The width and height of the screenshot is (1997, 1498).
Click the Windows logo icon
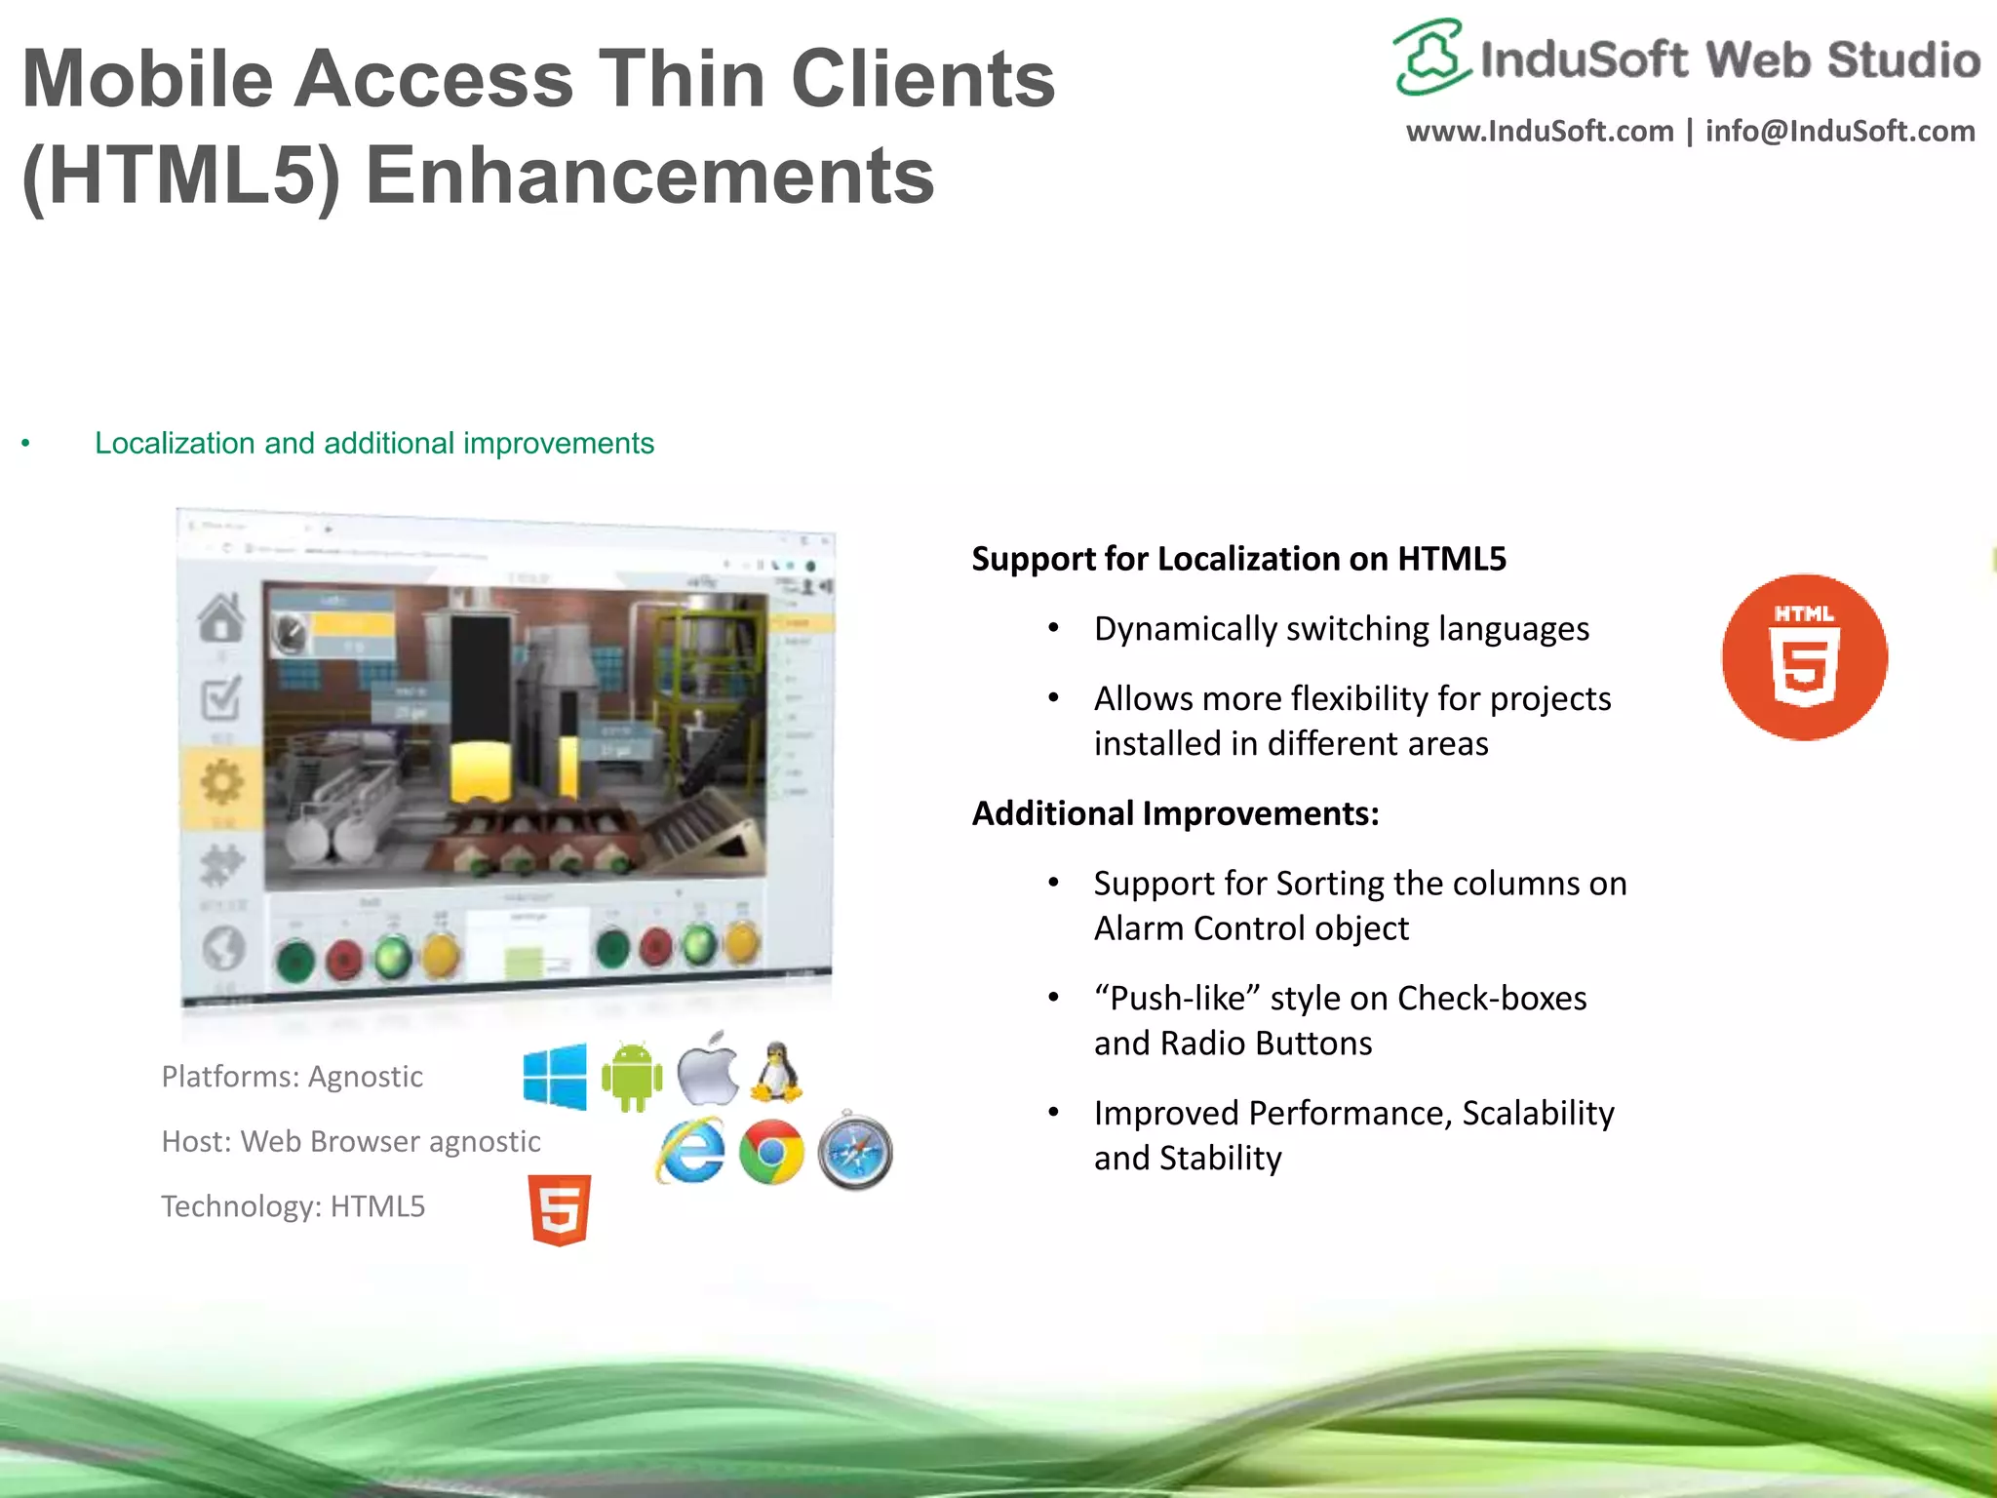[555, 1076]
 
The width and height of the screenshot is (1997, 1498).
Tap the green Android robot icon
[632, 1077]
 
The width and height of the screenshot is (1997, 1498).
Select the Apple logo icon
[708, 1070]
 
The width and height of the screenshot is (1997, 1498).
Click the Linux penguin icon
[776, 1072]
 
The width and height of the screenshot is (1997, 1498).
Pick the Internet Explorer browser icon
[691, 1152]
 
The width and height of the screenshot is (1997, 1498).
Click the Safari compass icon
[855, 1152]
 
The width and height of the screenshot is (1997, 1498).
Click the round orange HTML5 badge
[1804, 657]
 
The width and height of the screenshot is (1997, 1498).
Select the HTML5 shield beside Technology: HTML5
[560, 1209]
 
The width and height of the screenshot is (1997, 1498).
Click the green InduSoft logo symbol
[1429, 58]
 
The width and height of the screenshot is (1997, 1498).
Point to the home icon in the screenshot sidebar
[221, 618]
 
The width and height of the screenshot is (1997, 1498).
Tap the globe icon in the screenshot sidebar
[223, 947]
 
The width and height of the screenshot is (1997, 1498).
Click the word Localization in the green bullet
[175, 444]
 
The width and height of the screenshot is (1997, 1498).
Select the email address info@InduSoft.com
[1840, 132]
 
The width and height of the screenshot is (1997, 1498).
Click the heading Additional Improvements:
[1175, 813]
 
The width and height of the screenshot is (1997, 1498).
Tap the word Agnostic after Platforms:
[366, 1077]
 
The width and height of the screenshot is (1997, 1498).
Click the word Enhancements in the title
[649, 177]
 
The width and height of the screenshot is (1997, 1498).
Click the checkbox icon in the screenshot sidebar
[221, 698]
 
